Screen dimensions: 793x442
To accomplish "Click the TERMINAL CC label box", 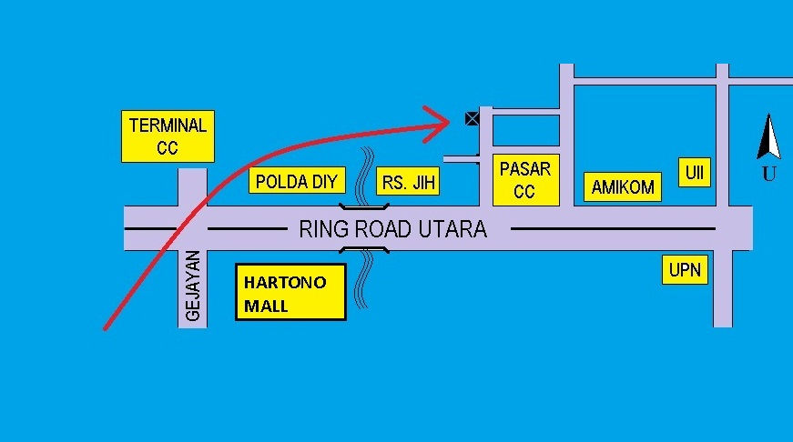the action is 168,136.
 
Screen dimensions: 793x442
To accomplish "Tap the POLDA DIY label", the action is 297,180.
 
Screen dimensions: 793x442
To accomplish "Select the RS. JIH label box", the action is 408,181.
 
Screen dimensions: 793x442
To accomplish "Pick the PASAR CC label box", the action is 526,180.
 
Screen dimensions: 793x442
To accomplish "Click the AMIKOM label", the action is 623,187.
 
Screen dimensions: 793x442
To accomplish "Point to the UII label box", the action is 695,172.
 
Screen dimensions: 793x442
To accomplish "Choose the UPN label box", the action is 685,270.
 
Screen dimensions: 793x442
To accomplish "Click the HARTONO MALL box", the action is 290,292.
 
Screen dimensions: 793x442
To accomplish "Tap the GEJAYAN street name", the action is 193,286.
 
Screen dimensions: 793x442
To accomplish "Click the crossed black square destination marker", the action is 472,119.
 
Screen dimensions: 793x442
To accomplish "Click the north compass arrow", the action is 768,136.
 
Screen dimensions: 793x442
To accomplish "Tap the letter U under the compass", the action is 768,174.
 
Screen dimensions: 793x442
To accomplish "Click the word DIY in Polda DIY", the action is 325,181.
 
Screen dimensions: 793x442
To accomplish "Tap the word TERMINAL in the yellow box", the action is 168,126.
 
